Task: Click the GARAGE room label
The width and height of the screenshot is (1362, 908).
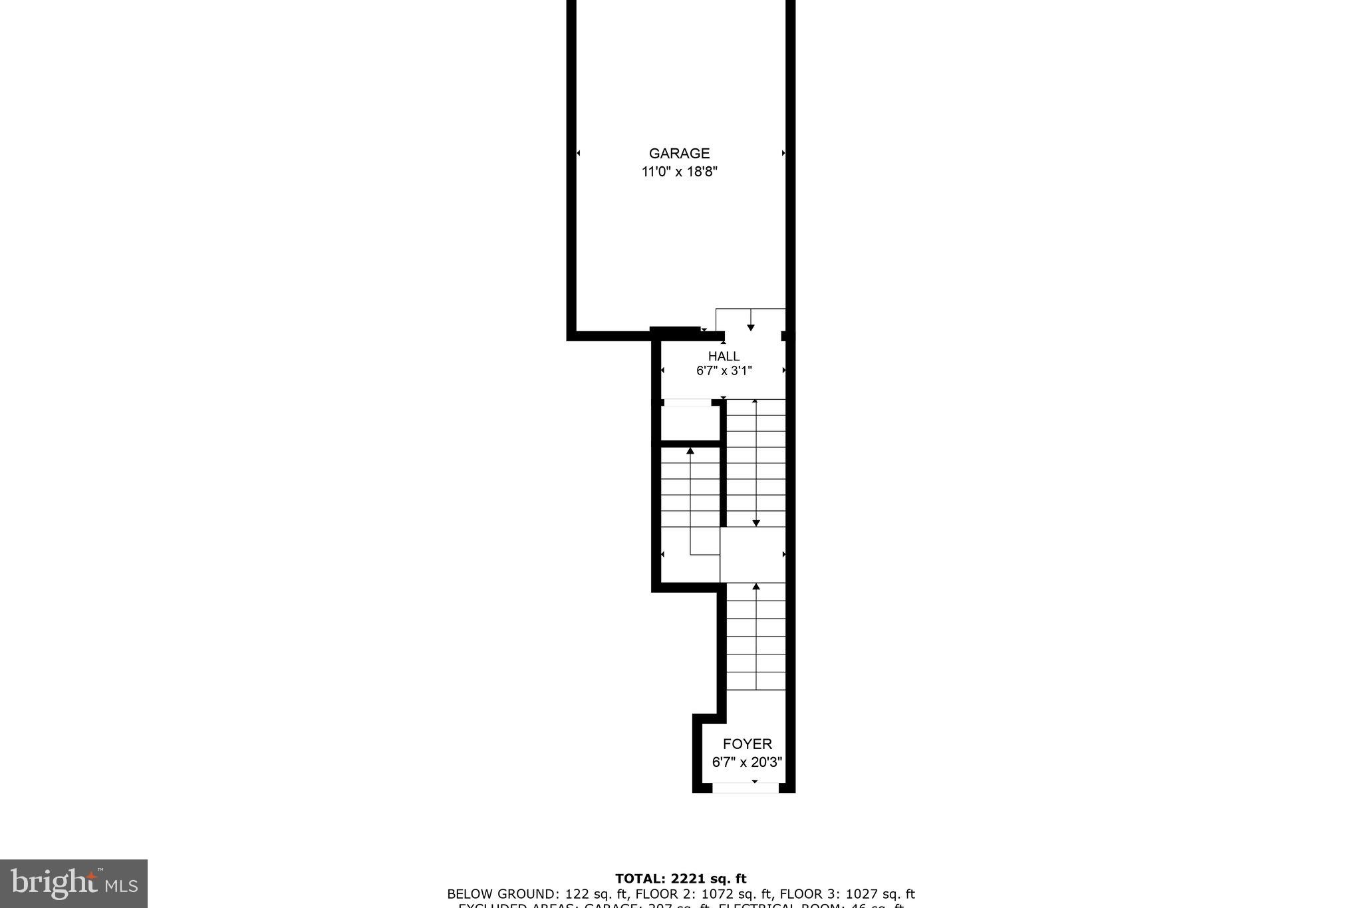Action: (679, 154)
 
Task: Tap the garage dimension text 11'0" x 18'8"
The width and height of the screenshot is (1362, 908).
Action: (679, 172)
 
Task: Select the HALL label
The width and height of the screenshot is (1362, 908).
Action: (724, 357)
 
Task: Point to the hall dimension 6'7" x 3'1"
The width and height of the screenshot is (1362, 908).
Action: (724, 371)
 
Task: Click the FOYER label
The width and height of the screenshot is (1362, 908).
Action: (747, 744)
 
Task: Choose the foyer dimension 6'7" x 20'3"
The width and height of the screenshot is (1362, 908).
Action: (747, 762)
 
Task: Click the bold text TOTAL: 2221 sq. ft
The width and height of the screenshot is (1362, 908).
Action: (680, 879)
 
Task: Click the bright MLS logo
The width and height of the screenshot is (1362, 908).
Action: (74, 883)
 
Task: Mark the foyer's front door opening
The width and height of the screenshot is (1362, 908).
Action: (746, 788)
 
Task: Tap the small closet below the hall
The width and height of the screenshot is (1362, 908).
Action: (690, 422)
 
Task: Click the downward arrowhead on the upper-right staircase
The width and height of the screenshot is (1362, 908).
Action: (755, 524)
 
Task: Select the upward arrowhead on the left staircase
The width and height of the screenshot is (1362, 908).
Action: (690, 451)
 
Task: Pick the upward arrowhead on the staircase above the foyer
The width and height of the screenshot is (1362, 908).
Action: (755, 586)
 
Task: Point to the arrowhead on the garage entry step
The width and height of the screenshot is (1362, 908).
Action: (751, 327)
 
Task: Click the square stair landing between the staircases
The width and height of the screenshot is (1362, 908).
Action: (753, 555)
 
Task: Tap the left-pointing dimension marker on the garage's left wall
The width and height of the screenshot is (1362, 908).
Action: (578, 154)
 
